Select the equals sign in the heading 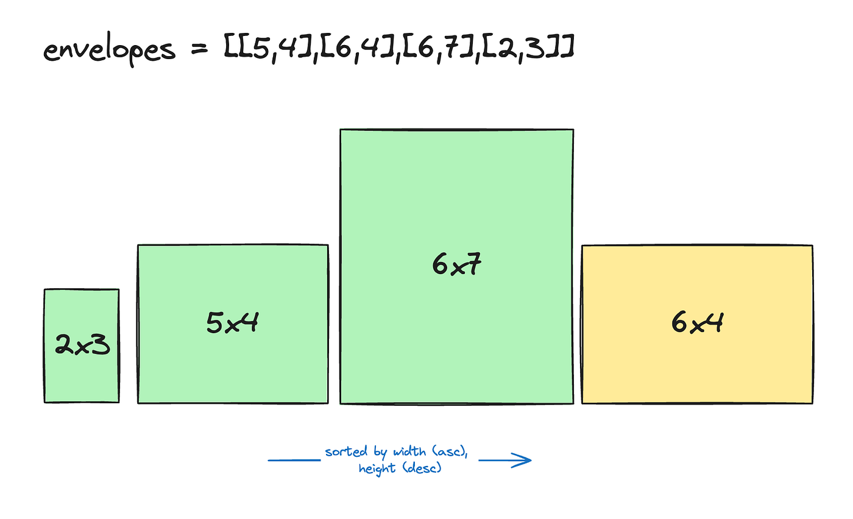[198, 50]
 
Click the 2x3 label [82, 345]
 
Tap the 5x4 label [232, 323]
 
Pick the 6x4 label [697, 323]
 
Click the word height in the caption [378, 469]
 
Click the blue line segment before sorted [294, 461]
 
